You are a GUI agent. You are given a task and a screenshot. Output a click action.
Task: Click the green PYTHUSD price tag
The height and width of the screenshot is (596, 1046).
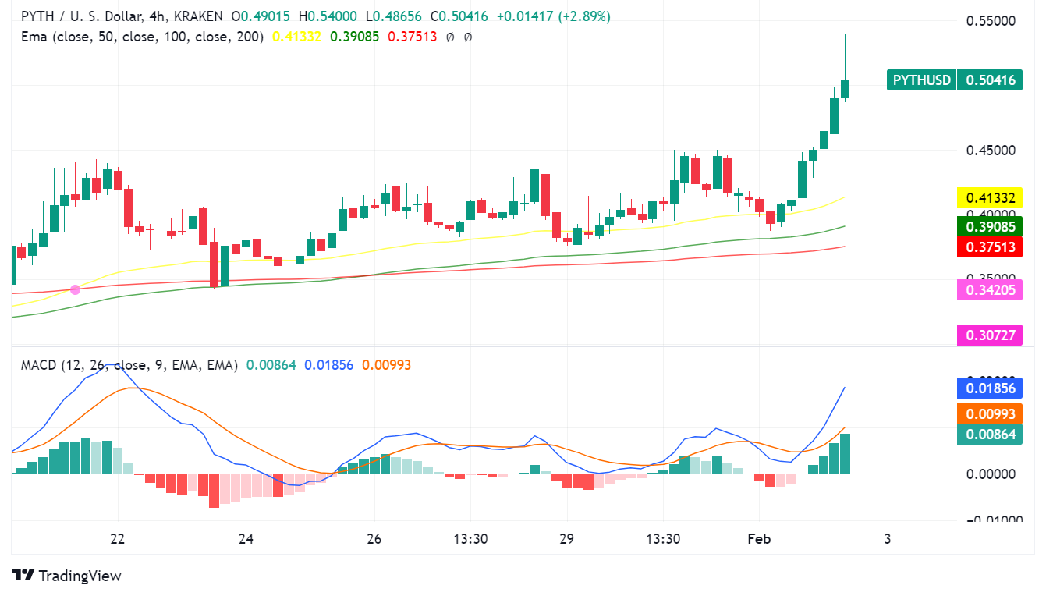point(954,80)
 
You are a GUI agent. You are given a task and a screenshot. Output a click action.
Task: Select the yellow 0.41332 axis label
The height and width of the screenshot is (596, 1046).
point(989,198)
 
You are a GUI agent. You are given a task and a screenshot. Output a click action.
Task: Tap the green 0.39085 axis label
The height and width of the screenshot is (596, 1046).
point(989,227)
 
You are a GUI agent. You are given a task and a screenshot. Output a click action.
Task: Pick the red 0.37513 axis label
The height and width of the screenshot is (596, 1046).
point(989,247)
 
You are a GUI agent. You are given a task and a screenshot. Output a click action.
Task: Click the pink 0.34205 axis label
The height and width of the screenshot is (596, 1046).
point(989,290)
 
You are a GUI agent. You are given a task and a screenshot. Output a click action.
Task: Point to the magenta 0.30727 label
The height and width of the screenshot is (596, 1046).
point(989,335)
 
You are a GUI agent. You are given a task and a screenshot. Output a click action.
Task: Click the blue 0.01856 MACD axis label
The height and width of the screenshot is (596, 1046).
point(989,388)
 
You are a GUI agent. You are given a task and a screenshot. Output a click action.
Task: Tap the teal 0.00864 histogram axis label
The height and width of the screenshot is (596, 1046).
point(989,434)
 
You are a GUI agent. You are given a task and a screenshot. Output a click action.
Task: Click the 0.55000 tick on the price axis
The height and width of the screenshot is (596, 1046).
point(991,21)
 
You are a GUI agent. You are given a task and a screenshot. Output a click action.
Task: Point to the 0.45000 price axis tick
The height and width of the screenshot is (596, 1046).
point(991,151)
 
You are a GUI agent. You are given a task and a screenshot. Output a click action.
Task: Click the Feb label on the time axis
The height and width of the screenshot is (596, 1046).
point(759,539)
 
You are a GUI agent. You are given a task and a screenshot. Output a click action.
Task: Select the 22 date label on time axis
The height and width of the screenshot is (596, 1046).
point(118,539)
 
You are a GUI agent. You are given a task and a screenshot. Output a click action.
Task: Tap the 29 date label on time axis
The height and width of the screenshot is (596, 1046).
point(566,539)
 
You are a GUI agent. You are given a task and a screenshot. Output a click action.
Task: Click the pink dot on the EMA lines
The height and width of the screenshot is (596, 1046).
point(76,289)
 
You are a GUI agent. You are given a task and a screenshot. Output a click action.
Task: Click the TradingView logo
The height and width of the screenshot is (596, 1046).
point(67,576)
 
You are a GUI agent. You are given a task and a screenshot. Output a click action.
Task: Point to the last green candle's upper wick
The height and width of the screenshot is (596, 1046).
point(845,55)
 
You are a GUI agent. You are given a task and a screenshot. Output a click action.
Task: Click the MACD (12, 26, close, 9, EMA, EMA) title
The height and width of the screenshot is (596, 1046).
point(129,365)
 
